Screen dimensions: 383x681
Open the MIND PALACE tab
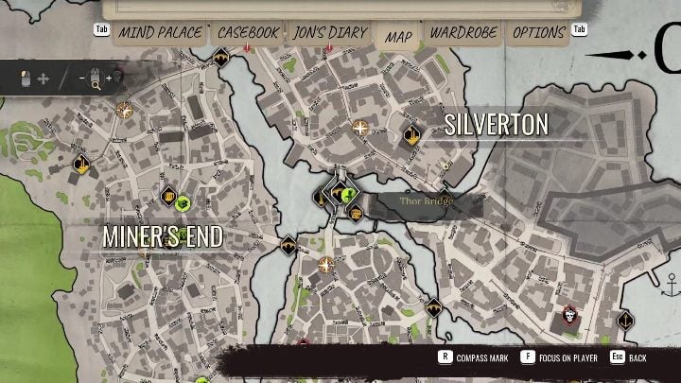(x=160, y=33)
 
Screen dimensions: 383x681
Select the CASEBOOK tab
(x=249, y=33)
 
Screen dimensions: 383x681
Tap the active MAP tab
(x=398, y=37)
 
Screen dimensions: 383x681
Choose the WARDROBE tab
(x=463, y=33)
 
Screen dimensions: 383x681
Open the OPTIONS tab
(x=539, y=33)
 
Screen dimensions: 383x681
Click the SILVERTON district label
(x=497, y=124)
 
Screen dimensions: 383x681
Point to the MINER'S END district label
(x=163, y=236)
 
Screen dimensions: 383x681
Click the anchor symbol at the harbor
(x=673, y=283)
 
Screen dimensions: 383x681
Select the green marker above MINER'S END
(x=183, y=200)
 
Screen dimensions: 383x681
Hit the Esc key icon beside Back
(x=616, y=358)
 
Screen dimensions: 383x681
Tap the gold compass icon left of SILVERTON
(x=360, y=126)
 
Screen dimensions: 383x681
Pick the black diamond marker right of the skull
(x=625, y=321)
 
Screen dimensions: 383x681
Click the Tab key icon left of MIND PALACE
(x=102, y=29)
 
